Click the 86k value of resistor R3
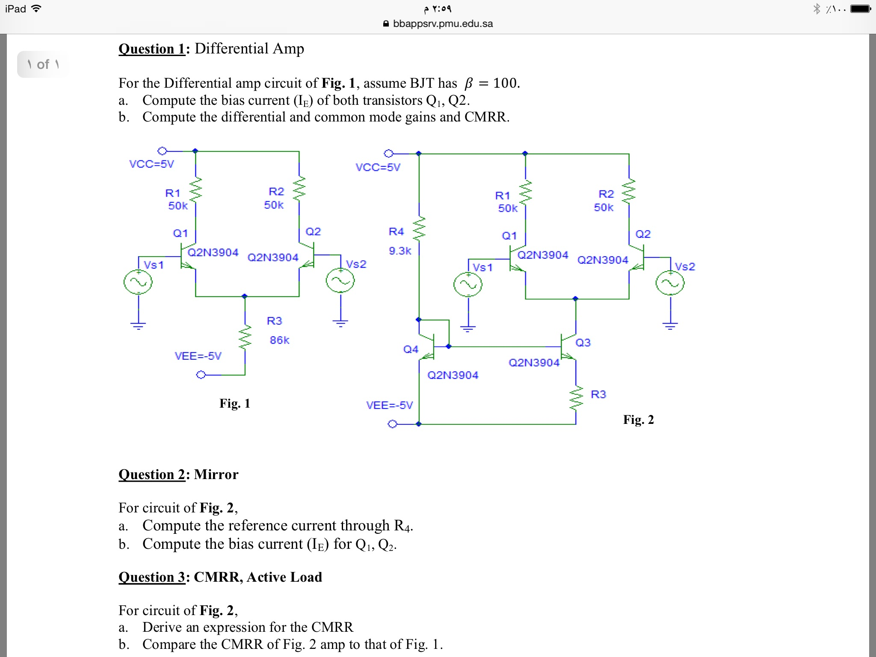coord(279,340)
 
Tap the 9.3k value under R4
coord(400,251)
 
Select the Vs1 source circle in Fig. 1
coord(138,282)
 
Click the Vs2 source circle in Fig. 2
coord(670,283)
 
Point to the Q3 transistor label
coord(583,343)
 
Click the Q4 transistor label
coord(411,349)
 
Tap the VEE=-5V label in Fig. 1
coord(198,356)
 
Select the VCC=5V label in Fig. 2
coord(378,167)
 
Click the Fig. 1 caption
coord(234,403)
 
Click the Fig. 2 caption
coord(638,420)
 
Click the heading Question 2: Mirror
coord(178,474)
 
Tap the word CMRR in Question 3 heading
coord(218,577)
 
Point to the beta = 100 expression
coord(492,83)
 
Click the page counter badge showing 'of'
coord(43,65)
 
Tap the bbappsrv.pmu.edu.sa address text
coord(443,24)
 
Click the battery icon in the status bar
coord(860,9)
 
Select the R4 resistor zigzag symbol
coord(419,228)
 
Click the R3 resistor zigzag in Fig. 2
coord(576,398)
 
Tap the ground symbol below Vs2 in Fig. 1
coord(340,323)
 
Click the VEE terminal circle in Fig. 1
coord(201,375)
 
